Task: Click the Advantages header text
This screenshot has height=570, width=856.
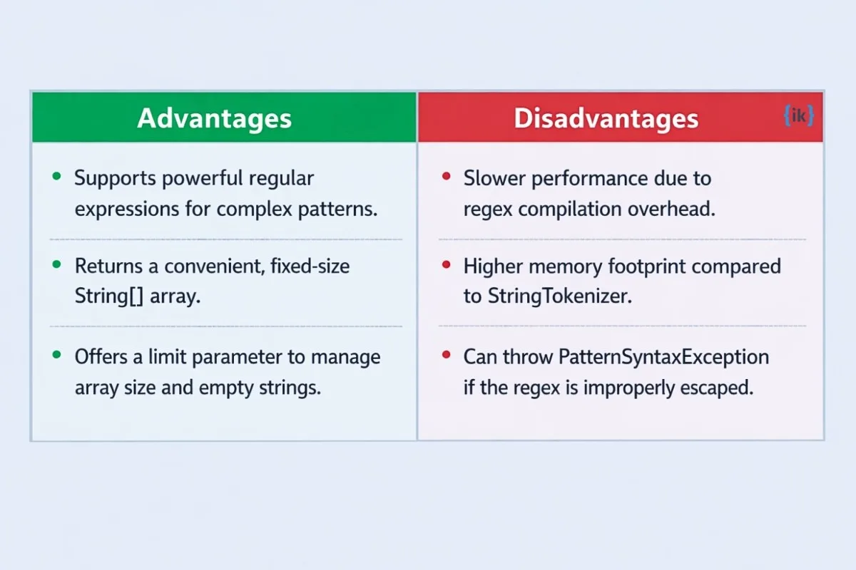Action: (215, 119)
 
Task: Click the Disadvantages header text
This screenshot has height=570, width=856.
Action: (606, 118)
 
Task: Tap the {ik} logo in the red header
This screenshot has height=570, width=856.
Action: (798, 115)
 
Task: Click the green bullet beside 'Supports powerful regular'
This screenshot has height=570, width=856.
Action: (56, 176)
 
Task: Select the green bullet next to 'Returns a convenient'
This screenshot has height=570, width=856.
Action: (56, 264)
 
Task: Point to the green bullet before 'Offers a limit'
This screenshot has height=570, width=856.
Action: (56, 355)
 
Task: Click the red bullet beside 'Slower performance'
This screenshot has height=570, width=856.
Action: (446, 176)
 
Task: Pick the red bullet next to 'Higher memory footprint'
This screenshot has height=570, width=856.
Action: (446, 264)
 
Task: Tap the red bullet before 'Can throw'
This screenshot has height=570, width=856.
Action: (446, 355)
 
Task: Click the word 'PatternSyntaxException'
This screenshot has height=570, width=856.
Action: (663, 358)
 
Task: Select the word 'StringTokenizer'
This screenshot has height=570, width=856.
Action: (560, 296)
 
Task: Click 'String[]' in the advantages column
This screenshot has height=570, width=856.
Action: (109, 296)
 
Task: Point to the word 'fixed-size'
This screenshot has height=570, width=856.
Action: (310, 266)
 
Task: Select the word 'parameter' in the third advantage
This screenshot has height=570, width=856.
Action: (237, 358)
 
